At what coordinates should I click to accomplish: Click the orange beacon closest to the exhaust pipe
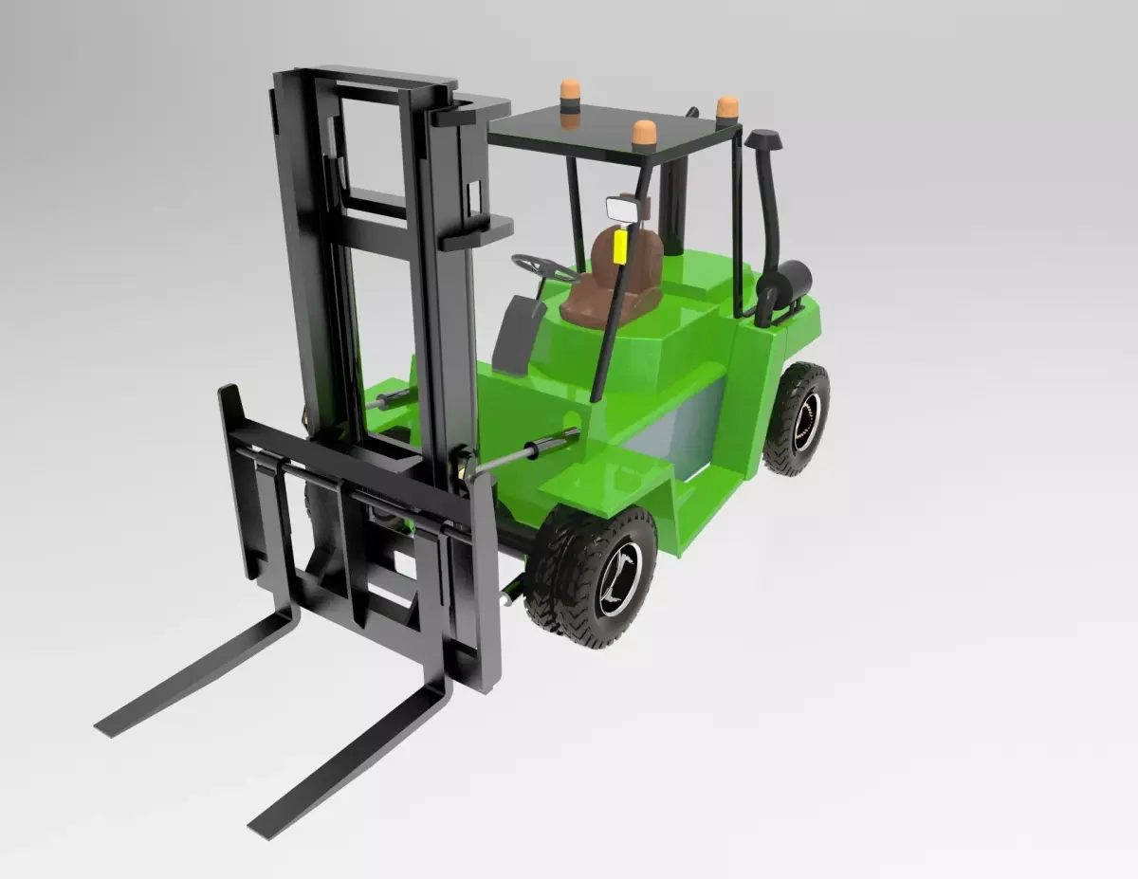(x=727, y=107)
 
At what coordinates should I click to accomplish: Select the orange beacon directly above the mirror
(x=644, y=133)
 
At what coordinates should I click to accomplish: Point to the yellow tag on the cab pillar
(x=620, y=247)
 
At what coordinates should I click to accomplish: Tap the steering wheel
(x=544, y=267)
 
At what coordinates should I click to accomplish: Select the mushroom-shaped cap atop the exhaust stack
(x=762, y=139)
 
